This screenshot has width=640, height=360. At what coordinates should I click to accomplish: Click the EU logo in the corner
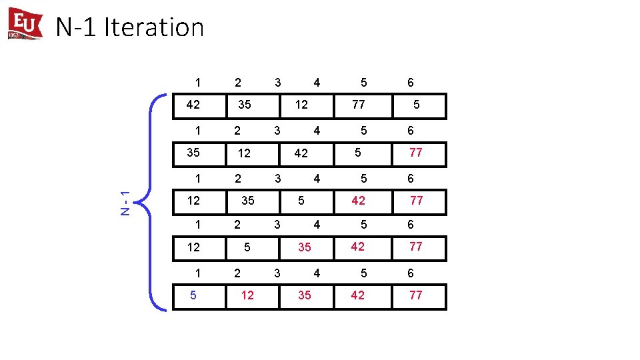(25, 24)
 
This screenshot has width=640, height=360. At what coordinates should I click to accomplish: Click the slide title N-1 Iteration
(130, 27)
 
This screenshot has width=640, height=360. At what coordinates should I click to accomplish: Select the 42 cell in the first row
(193, 105)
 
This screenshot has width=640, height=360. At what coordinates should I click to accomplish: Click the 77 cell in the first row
(358, 105)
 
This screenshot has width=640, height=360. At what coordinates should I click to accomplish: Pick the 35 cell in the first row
(245, 105)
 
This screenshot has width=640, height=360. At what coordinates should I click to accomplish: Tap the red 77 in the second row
(416, 153)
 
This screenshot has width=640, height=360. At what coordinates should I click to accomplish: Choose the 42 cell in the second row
(301, 153)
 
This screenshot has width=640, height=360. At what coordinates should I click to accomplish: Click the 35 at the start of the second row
(193, 153)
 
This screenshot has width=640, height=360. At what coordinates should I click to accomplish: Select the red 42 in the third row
(358, 200)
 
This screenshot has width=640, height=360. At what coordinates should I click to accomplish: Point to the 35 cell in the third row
(247, 200)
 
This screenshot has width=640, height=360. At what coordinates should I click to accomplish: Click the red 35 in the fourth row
(305, 247)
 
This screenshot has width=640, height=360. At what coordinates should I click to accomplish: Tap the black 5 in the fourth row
(247, 247)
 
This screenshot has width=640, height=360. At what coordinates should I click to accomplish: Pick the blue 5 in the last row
(193, 295)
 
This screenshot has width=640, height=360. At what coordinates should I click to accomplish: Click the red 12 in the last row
(247, 295)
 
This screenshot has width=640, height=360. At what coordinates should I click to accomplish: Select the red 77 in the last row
(416, 295)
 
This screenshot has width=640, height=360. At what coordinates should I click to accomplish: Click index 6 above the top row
(411, 83)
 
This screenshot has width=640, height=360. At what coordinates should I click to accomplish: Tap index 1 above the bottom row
(197, 273)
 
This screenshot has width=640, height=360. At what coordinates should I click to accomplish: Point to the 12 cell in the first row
(301, 105)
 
